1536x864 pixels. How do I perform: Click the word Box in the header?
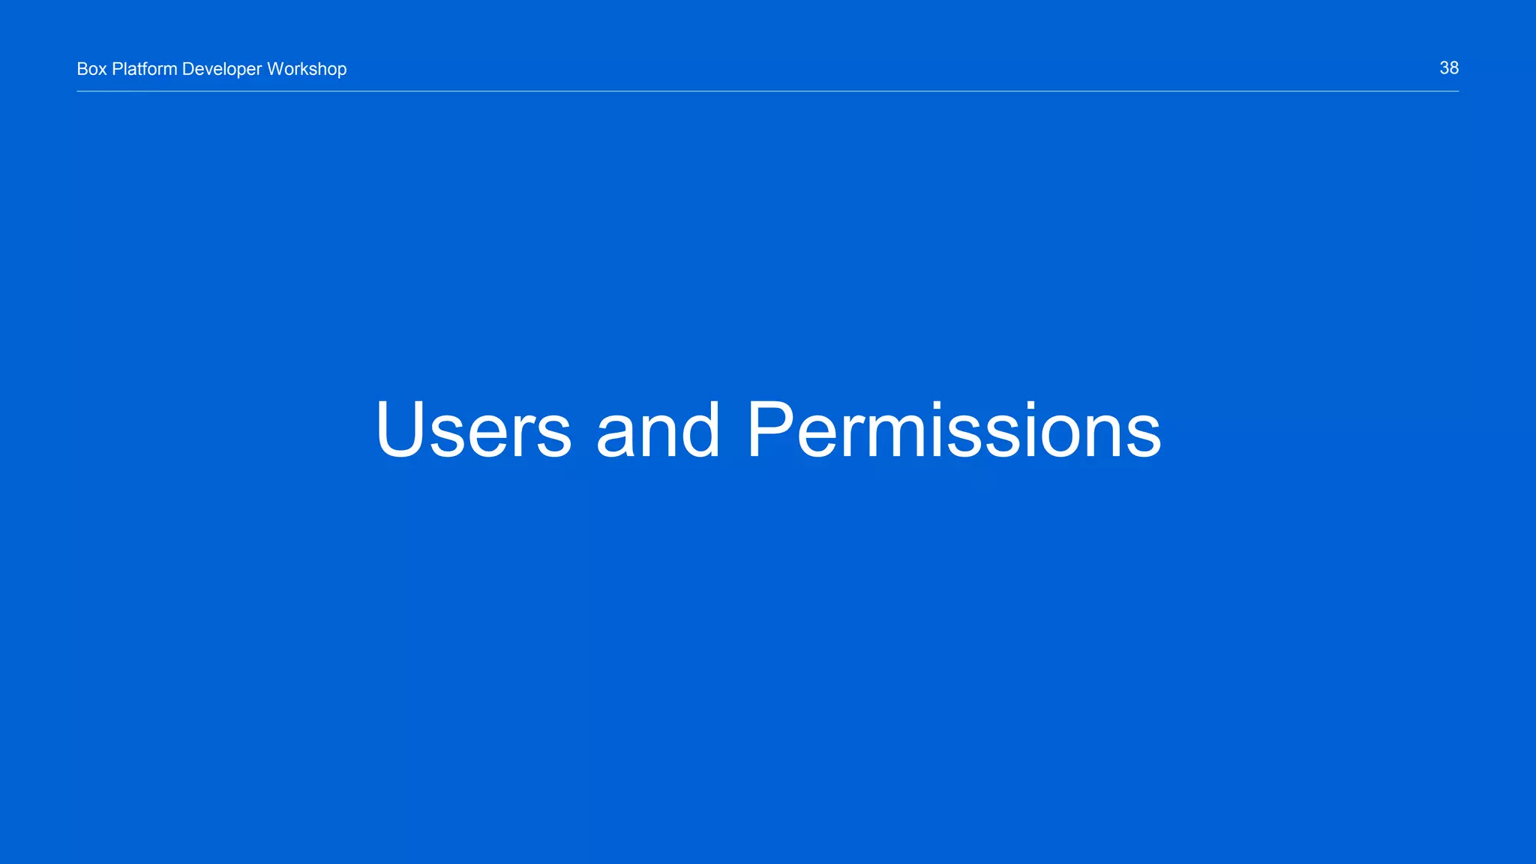click(x=91, y=69)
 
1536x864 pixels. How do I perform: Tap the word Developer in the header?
click(x=222, y=70)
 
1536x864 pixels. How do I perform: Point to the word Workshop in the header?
click(x=307, y=69)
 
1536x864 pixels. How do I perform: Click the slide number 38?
click(x=1449, y=68)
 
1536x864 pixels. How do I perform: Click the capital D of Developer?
click(x=188, y=69)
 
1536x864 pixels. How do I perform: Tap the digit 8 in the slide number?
click(x=1454, y=68)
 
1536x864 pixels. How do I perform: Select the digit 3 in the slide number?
click(x=1444, y=68)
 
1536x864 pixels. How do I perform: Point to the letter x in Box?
click(x=103, y=70)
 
